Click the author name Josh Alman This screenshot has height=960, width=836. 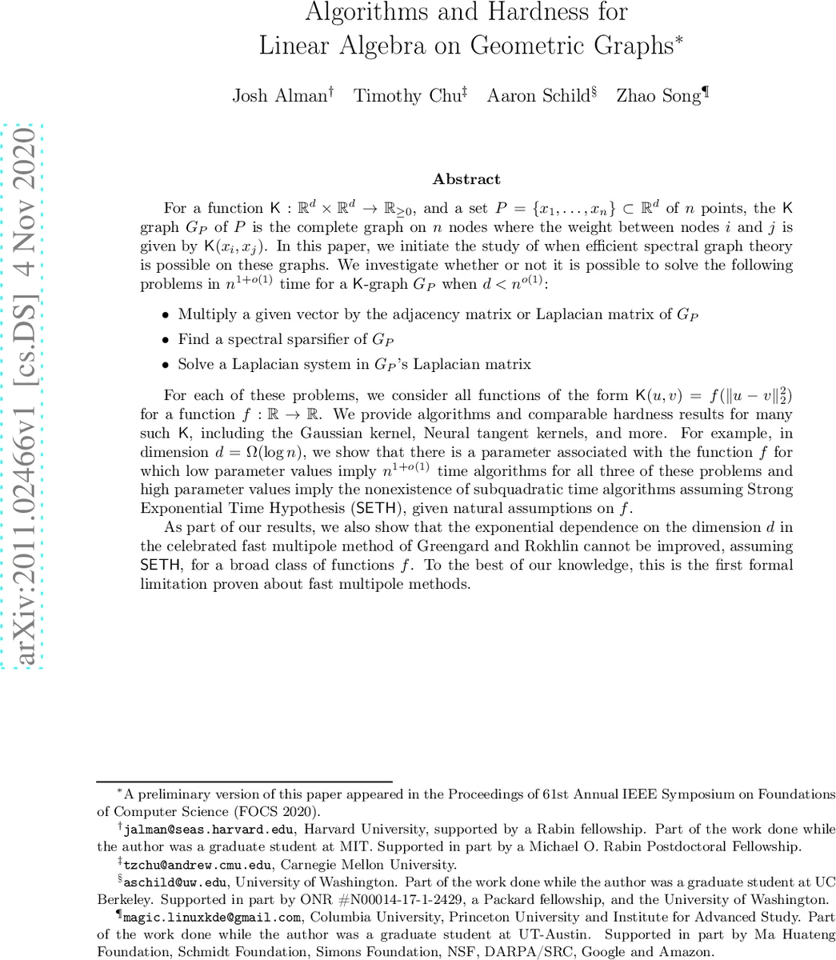tap(280, 96)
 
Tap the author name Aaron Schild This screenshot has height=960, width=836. tap(538, 96)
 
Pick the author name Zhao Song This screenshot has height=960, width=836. tap(658, 96)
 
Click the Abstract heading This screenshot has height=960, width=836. tap(466, 179)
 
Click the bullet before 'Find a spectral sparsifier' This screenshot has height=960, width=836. tap(166, 340)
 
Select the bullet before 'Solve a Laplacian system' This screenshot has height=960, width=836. tap(166, 365)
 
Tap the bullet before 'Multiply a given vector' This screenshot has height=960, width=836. tap(166, 315)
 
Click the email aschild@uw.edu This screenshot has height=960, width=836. tap(176, 882)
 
